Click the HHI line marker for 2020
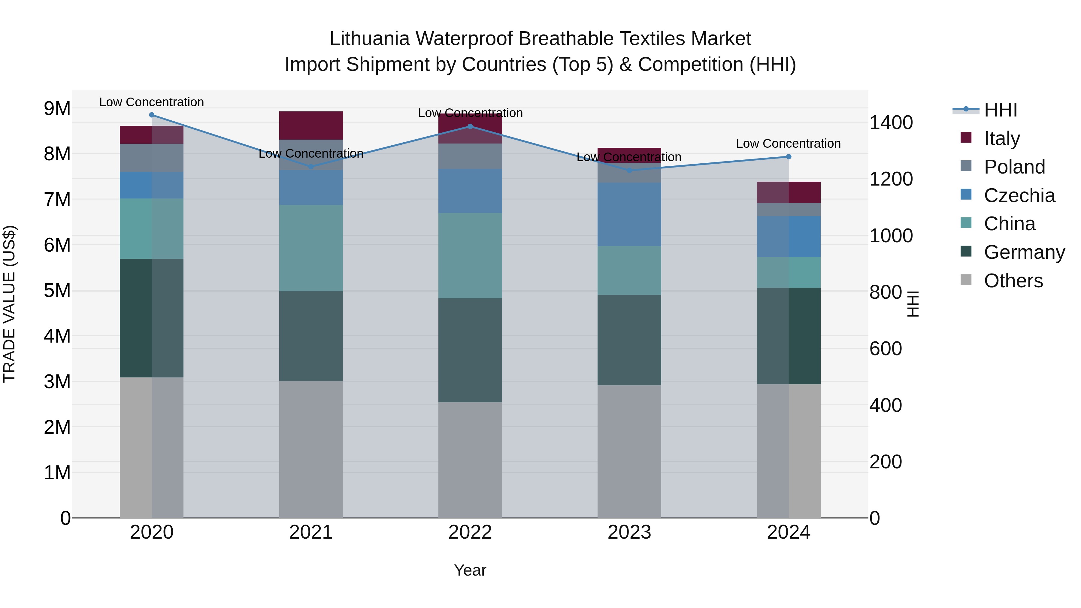[x=152, y=115]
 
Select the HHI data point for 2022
[x=470, y=126]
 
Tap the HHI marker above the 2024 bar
[x=788, y=156]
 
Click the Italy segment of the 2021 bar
[x=311, y=126]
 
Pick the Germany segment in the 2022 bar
[x=470, y=350]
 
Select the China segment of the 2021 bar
[x=311, y=248]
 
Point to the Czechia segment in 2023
[x=629, y=214]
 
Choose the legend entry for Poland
[x=1014, y=167]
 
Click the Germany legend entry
[x=1024, y=252]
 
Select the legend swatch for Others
[x=966, y=280]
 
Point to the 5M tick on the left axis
[x=57, y=290]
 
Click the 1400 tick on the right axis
[x=891, y=123]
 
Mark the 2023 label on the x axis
[x=629, y=532]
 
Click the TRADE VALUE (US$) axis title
[x=9, y=304]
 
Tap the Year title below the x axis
[x=470, y=570]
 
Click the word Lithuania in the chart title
[x=369, y=39]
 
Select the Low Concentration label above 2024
[x=788, y=144]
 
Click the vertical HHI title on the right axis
[x=912, y=304]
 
